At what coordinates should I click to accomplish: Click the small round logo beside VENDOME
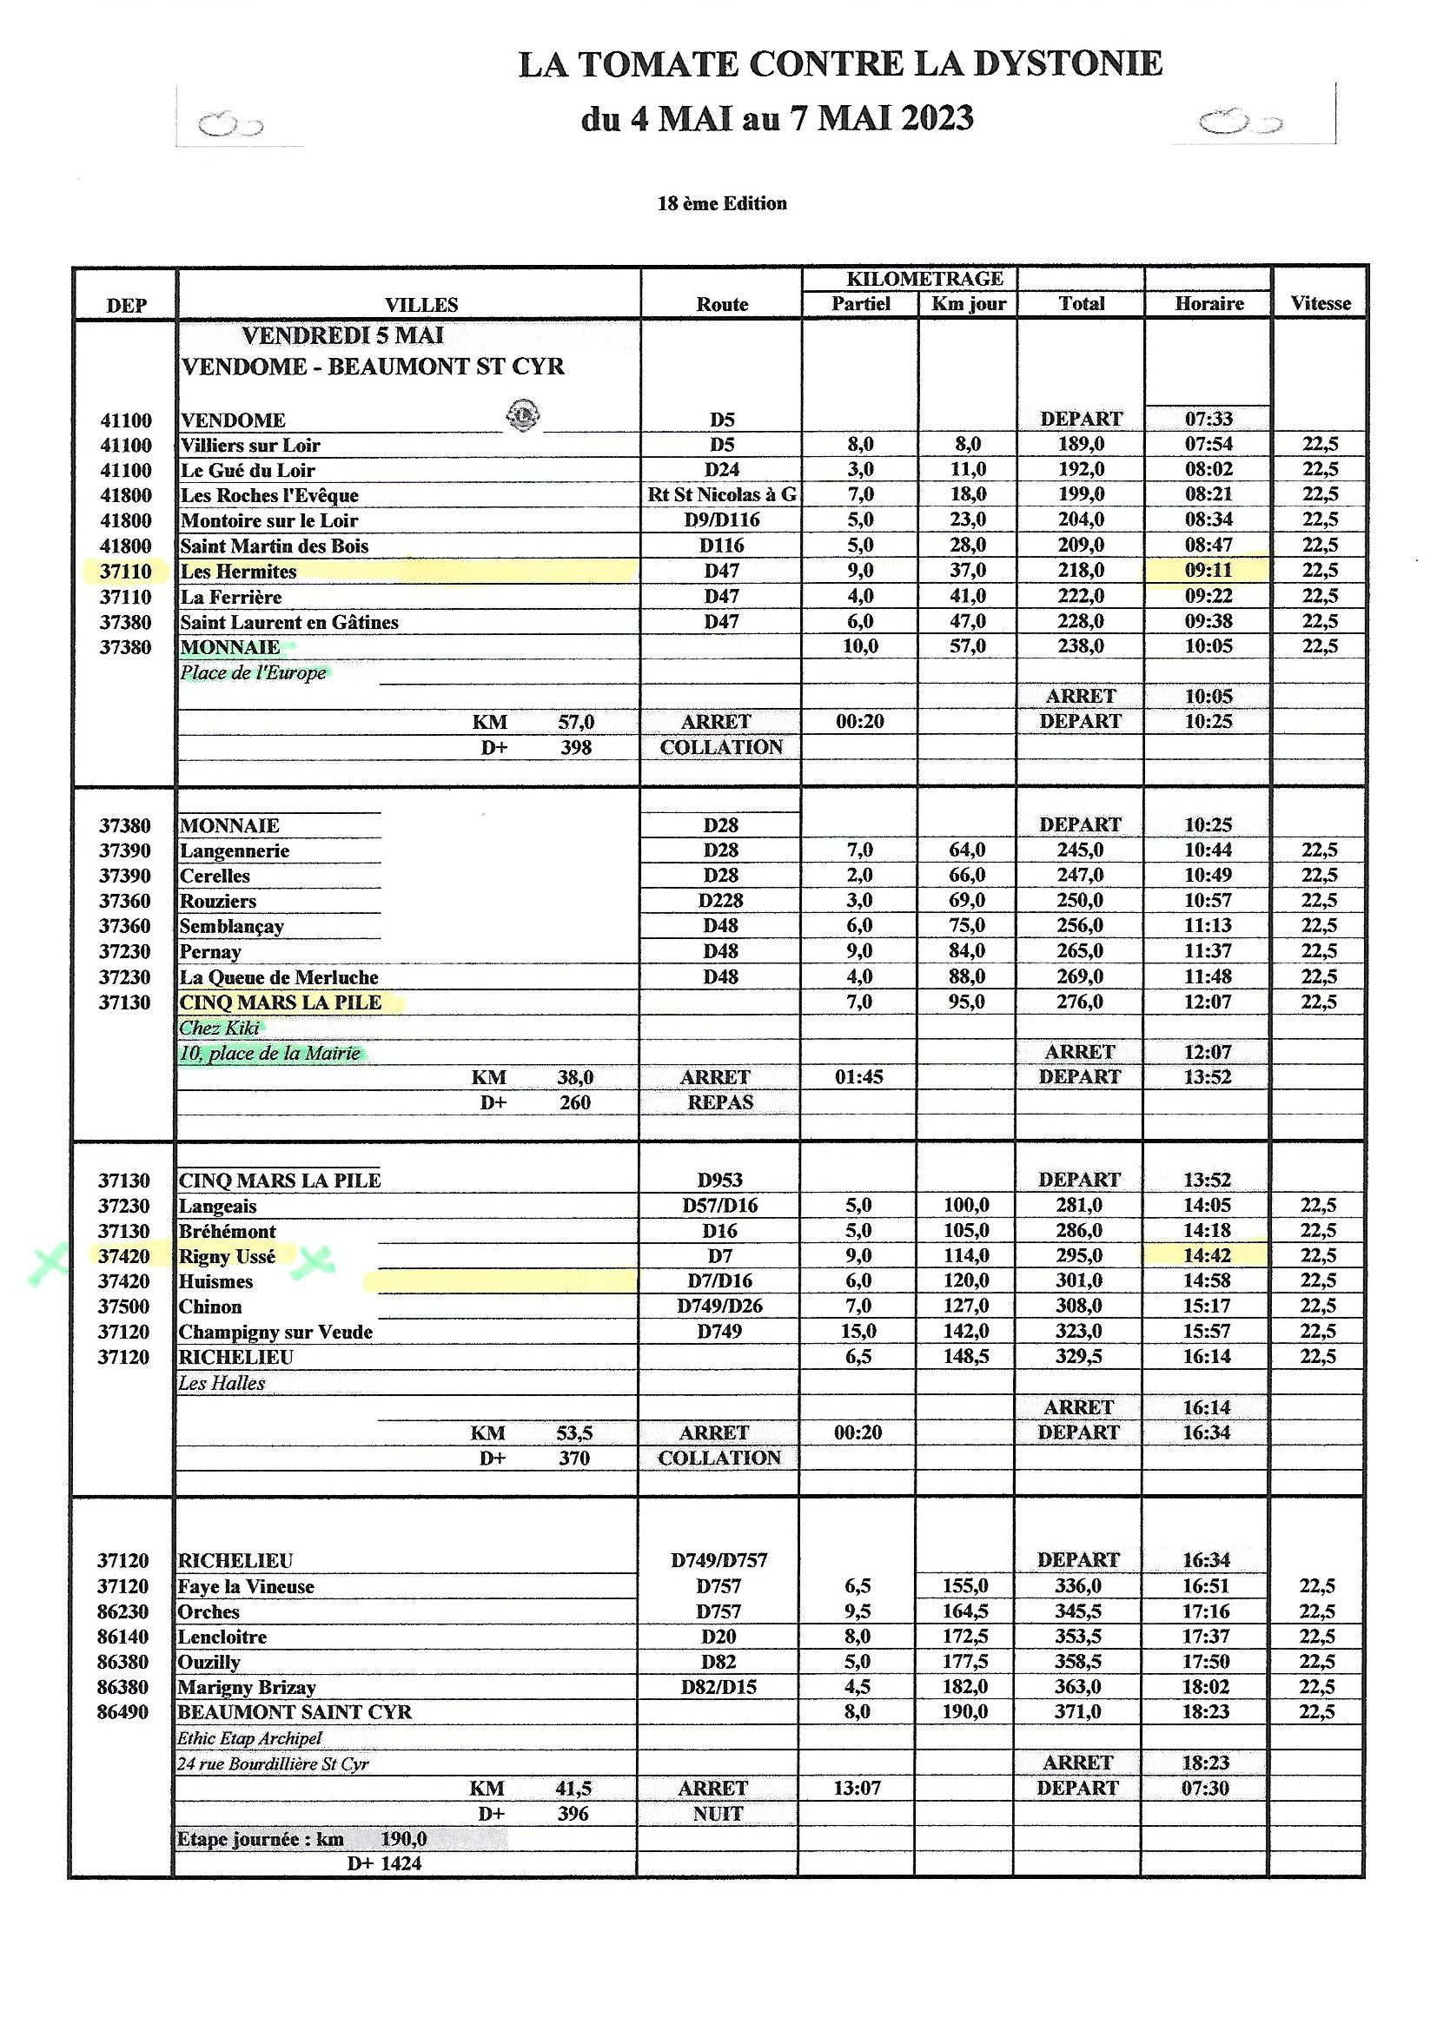pos(523,415)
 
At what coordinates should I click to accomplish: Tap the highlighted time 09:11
pos(1208,571)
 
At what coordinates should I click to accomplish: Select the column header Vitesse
pos(1321,303)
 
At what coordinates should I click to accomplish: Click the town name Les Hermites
pos(238,572)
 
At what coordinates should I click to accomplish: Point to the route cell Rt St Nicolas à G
pos(721,494)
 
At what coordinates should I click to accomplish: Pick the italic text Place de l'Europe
pos(253,673)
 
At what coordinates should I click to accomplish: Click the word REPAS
pos(720,1102)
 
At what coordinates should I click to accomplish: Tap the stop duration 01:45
pos(858,1076)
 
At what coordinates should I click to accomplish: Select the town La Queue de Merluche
pos(279,977)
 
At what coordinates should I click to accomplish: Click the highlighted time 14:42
pos(1207,1255)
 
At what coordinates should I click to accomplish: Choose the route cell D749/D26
pos(719,1306)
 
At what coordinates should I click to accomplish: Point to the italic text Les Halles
pos(222,1383)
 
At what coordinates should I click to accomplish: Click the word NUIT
pos(718,1814)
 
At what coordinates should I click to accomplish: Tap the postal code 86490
pos(123,1711)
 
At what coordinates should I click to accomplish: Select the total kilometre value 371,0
pos(1076,1711)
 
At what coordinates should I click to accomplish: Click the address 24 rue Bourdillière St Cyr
pos(273,1763)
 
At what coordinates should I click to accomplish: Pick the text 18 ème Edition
pos(721,203)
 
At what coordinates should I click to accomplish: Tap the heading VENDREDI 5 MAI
pos(342,336)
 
